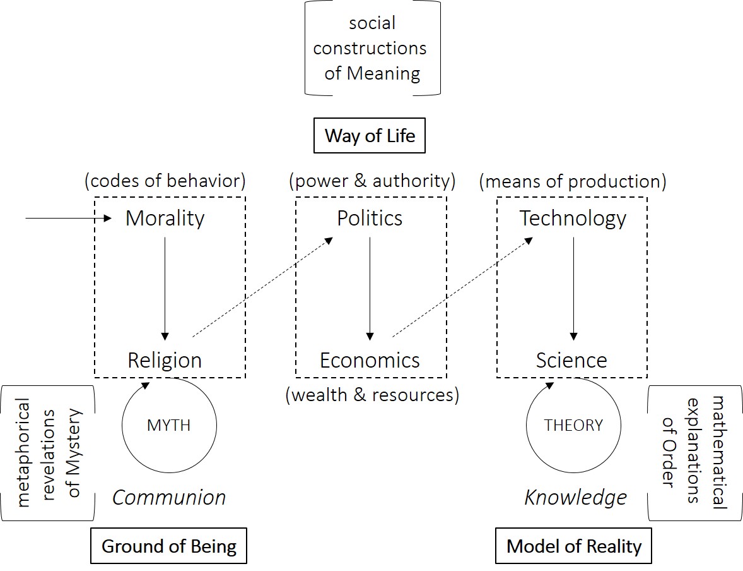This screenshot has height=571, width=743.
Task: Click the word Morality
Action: tap(165, 219)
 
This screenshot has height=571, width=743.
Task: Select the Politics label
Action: tap(370, 219)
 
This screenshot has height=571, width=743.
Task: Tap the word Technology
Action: tap(573, 219)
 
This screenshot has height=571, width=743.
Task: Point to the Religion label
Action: tap(165, 360)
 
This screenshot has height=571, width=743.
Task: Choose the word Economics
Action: tap(370, 360)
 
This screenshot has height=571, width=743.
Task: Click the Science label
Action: tap(571, 360)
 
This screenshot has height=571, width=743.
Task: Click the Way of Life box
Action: tap(370, 136)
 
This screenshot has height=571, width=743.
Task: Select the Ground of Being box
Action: tap(169, 546)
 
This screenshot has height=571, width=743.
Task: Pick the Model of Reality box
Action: tap(574, 546)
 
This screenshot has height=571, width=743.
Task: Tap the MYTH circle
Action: tap(169, 425)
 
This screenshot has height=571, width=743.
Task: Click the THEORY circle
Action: tap(573, 425)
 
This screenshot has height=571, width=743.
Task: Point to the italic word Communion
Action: tap(169, 498)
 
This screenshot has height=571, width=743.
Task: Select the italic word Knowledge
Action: tap(575, 498)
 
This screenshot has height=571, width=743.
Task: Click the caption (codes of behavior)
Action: tap(165, 181)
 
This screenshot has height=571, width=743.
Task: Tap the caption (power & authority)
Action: tap(372, 181)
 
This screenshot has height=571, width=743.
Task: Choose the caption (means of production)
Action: tap(573, 181)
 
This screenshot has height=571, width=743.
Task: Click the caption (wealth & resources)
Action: tap(372, 395)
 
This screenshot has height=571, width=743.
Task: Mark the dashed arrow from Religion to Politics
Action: tap(262, 287)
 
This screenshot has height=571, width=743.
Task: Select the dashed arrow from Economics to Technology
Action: tap(462, 287)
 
